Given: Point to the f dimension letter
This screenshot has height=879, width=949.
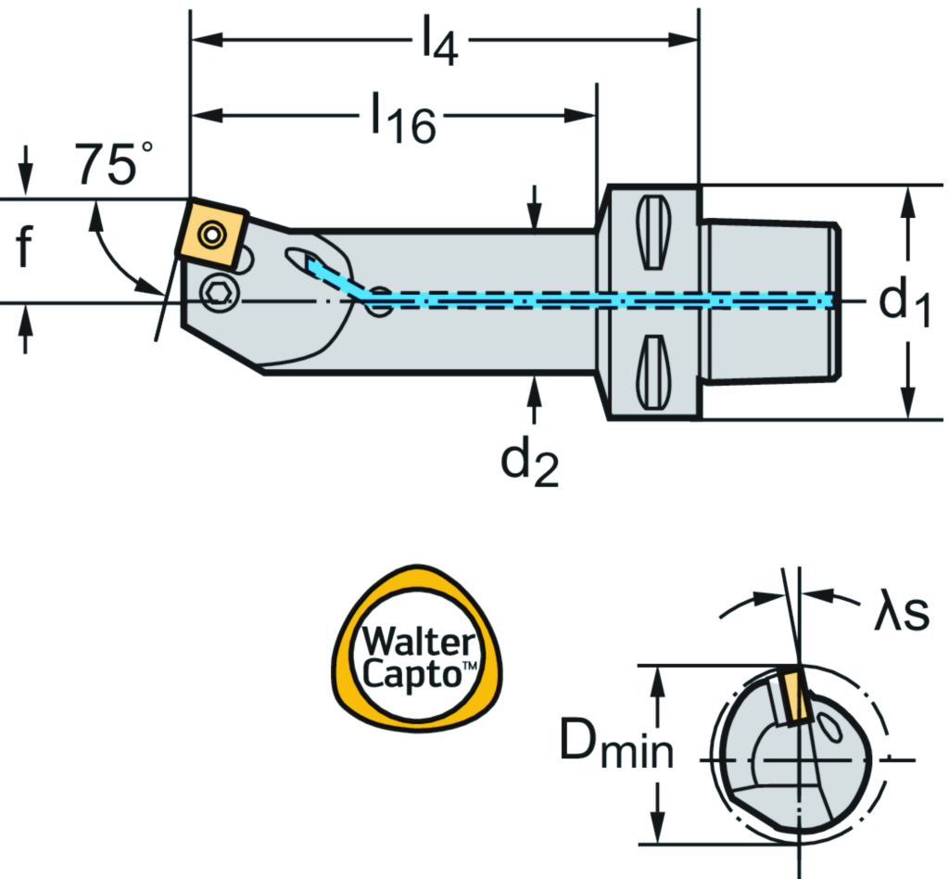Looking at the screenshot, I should point(28,249).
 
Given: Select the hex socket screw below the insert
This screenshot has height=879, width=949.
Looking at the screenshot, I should point(220,294).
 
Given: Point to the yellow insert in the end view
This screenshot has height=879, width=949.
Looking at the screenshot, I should point(793,697).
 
